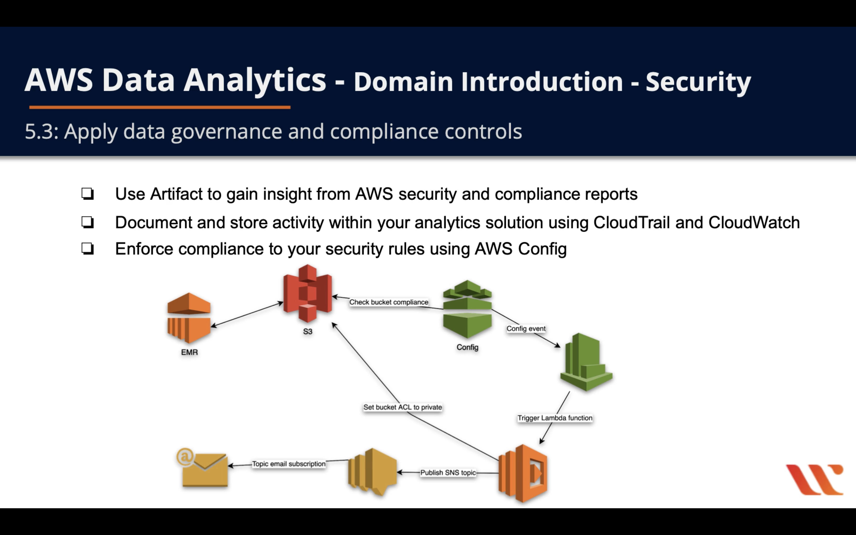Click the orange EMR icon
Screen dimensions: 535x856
coord(189,318)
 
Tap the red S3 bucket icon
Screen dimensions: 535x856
coord(307,293)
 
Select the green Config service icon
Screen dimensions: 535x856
coord(467,309)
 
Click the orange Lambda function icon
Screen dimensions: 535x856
coord(523,473)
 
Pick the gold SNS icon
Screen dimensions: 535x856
coord(372,472)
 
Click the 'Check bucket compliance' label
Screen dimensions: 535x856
coord(389,302)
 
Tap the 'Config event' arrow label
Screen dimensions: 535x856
coord(526,329)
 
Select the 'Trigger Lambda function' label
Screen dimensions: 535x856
coord(555,418)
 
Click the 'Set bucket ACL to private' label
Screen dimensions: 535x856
coord(402,407)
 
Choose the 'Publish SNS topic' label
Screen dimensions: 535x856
coord(448,473)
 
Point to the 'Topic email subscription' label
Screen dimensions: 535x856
coord(289,464)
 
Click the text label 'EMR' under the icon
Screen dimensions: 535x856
coord(189,353)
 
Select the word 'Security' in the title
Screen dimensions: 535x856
coord(698,82)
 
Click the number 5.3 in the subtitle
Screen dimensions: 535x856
coord(40,132)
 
